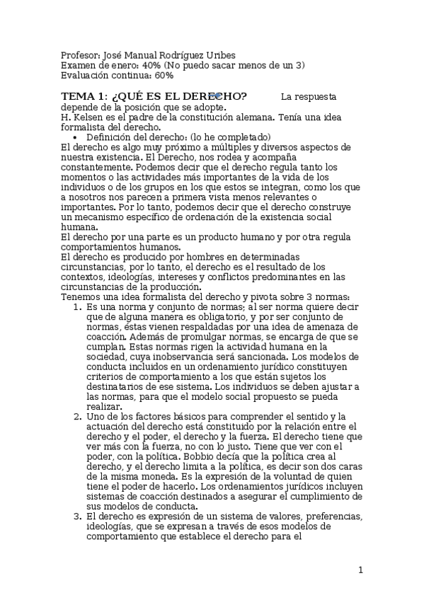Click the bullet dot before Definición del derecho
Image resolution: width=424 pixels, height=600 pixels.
(76, 137)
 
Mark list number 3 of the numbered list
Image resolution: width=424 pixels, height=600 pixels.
(77, 517)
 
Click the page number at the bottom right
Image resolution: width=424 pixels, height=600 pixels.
(360, 570)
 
